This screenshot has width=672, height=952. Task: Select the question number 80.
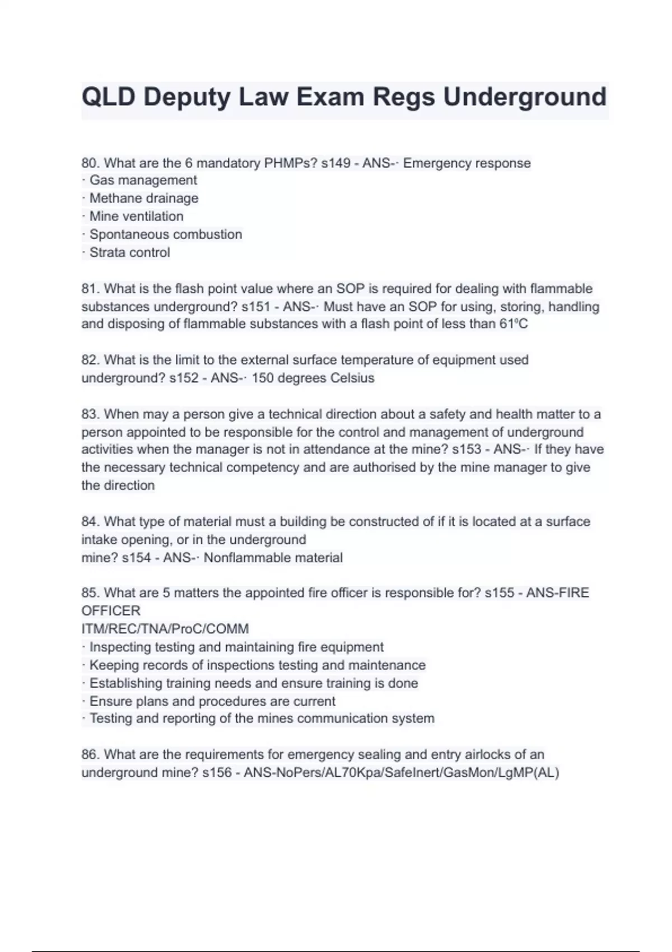click(90, 164)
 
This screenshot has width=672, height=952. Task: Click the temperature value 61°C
click(513, 324)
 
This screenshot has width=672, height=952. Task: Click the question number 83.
click(90, 414)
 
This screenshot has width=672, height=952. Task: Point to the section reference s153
click(466, 450)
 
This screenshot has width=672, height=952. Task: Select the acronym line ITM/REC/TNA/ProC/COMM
click(165, 629)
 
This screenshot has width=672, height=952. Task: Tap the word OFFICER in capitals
click(111, 611)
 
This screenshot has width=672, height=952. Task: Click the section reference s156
click(217, 773)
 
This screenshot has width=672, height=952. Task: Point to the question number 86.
click(90, 755)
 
